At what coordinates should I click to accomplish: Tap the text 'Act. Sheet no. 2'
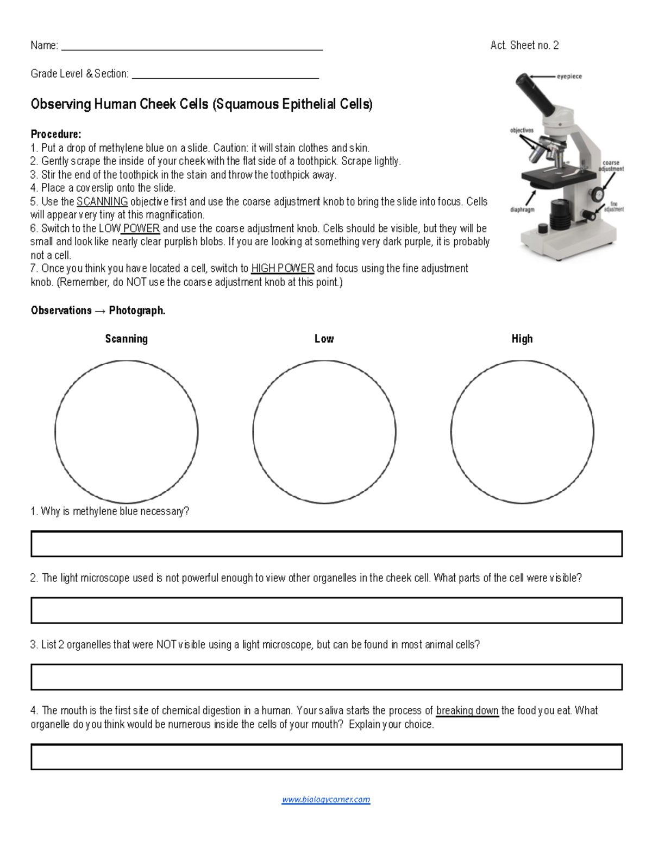[524, 46]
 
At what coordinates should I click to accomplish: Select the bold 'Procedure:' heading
[56, 134]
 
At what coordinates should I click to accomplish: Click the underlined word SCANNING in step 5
[102, 201]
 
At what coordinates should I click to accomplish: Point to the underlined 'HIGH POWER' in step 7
[283, 268]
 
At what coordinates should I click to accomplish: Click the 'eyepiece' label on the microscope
[569, 77]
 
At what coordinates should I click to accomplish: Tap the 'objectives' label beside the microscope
[522, 130]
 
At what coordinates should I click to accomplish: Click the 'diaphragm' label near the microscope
[522, 210]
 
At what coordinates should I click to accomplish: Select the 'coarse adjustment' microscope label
[611, 166]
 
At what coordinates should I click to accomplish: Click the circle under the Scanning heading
[127, 432]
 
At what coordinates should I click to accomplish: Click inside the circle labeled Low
[324, 432]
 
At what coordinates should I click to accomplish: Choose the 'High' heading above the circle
[522, 339]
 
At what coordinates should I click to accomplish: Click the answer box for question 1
[326, 544]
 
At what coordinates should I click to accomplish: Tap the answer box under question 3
[326, 677]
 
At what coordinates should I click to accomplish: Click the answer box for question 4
[326, 757]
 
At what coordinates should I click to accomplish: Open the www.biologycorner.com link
[326, 799]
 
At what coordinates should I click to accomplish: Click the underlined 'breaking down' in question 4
[467, 711]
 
